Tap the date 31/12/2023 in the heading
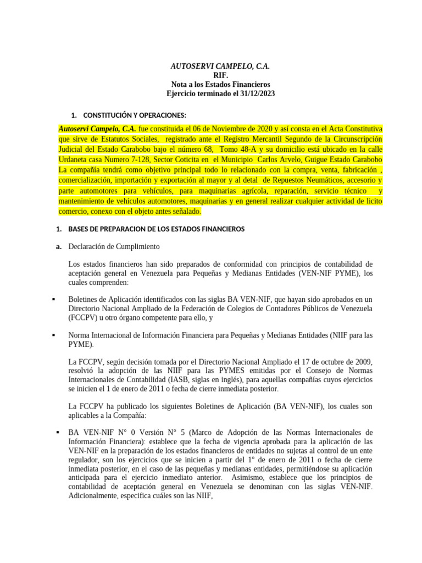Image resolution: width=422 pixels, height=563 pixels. point(255,94)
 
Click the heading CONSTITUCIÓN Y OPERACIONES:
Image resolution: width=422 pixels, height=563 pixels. point(135,115)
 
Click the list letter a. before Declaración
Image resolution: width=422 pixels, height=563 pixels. point(59,246)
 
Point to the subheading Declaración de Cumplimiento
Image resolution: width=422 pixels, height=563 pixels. point(114,246)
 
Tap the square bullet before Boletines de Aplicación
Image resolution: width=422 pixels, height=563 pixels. point(54,299)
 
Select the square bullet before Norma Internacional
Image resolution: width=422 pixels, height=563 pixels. point(54,334)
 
